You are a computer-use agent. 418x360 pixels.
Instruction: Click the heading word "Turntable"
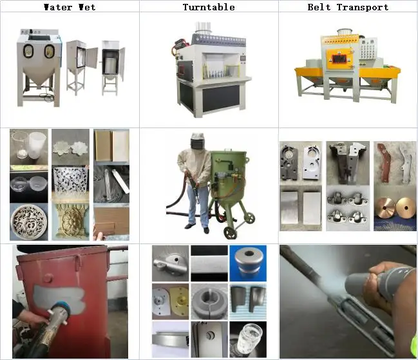tap(209, 7)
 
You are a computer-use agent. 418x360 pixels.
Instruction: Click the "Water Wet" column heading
tap(70, 7)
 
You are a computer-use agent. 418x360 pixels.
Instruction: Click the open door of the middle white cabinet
tap(91, 57)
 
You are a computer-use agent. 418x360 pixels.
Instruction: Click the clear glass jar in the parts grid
tap(247, 339)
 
